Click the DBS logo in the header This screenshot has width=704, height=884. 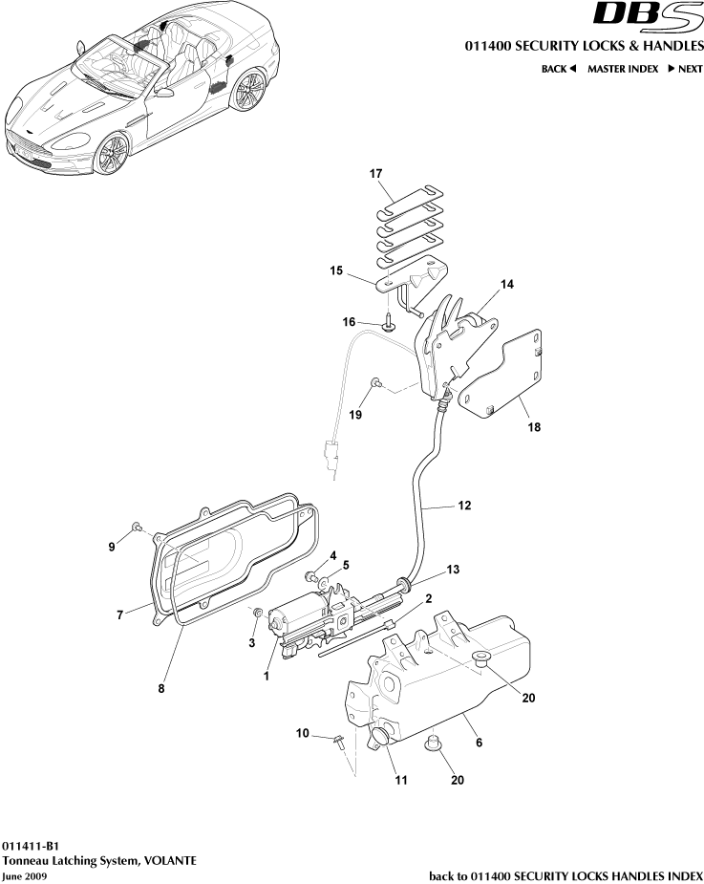[648, 16]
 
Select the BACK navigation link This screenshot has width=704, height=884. [559, 69]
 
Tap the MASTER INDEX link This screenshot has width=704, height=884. [622, 69]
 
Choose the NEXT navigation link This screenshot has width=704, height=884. [685, 69]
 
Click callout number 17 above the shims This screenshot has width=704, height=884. [375, 174]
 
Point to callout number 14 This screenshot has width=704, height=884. [507, 285]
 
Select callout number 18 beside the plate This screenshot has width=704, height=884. [533, 427]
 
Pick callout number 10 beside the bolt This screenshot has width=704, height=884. [303, 734]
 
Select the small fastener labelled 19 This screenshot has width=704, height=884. [376, 383]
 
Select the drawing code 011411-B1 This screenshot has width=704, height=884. [31, 846]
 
